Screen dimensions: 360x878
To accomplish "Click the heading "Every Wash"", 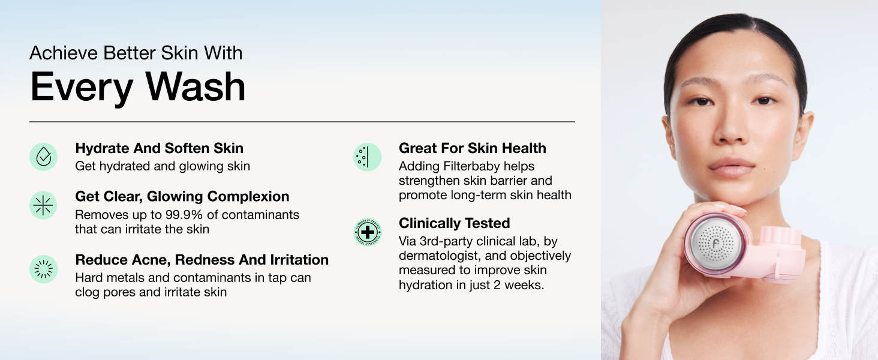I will (x=138, y=87).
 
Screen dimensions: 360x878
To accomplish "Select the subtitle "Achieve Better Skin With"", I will (x=136, y=53).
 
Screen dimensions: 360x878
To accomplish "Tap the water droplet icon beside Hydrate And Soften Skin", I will (x=43, y=157).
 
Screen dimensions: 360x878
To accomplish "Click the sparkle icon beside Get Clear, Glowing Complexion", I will (x=43, y=205).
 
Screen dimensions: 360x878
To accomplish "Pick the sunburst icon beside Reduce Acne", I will (x=43, y=269).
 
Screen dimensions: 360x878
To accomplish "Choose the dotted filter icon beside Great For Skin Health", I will (x=367, y=157).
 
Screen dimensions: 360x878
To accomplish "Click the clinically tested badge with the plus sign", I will (x=367, y=232).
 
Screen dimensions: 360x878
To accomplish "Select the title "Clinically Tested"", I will (x=454, y=223).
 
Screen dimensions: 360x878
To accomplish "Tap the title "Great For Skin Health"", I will (x=472, y=148).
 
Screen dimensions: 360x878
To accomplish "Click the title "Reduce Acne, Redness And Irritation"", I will (x=202, y=260).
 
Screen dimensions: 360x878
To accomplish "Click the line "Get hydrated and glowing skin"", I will (x=163, y=166).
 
